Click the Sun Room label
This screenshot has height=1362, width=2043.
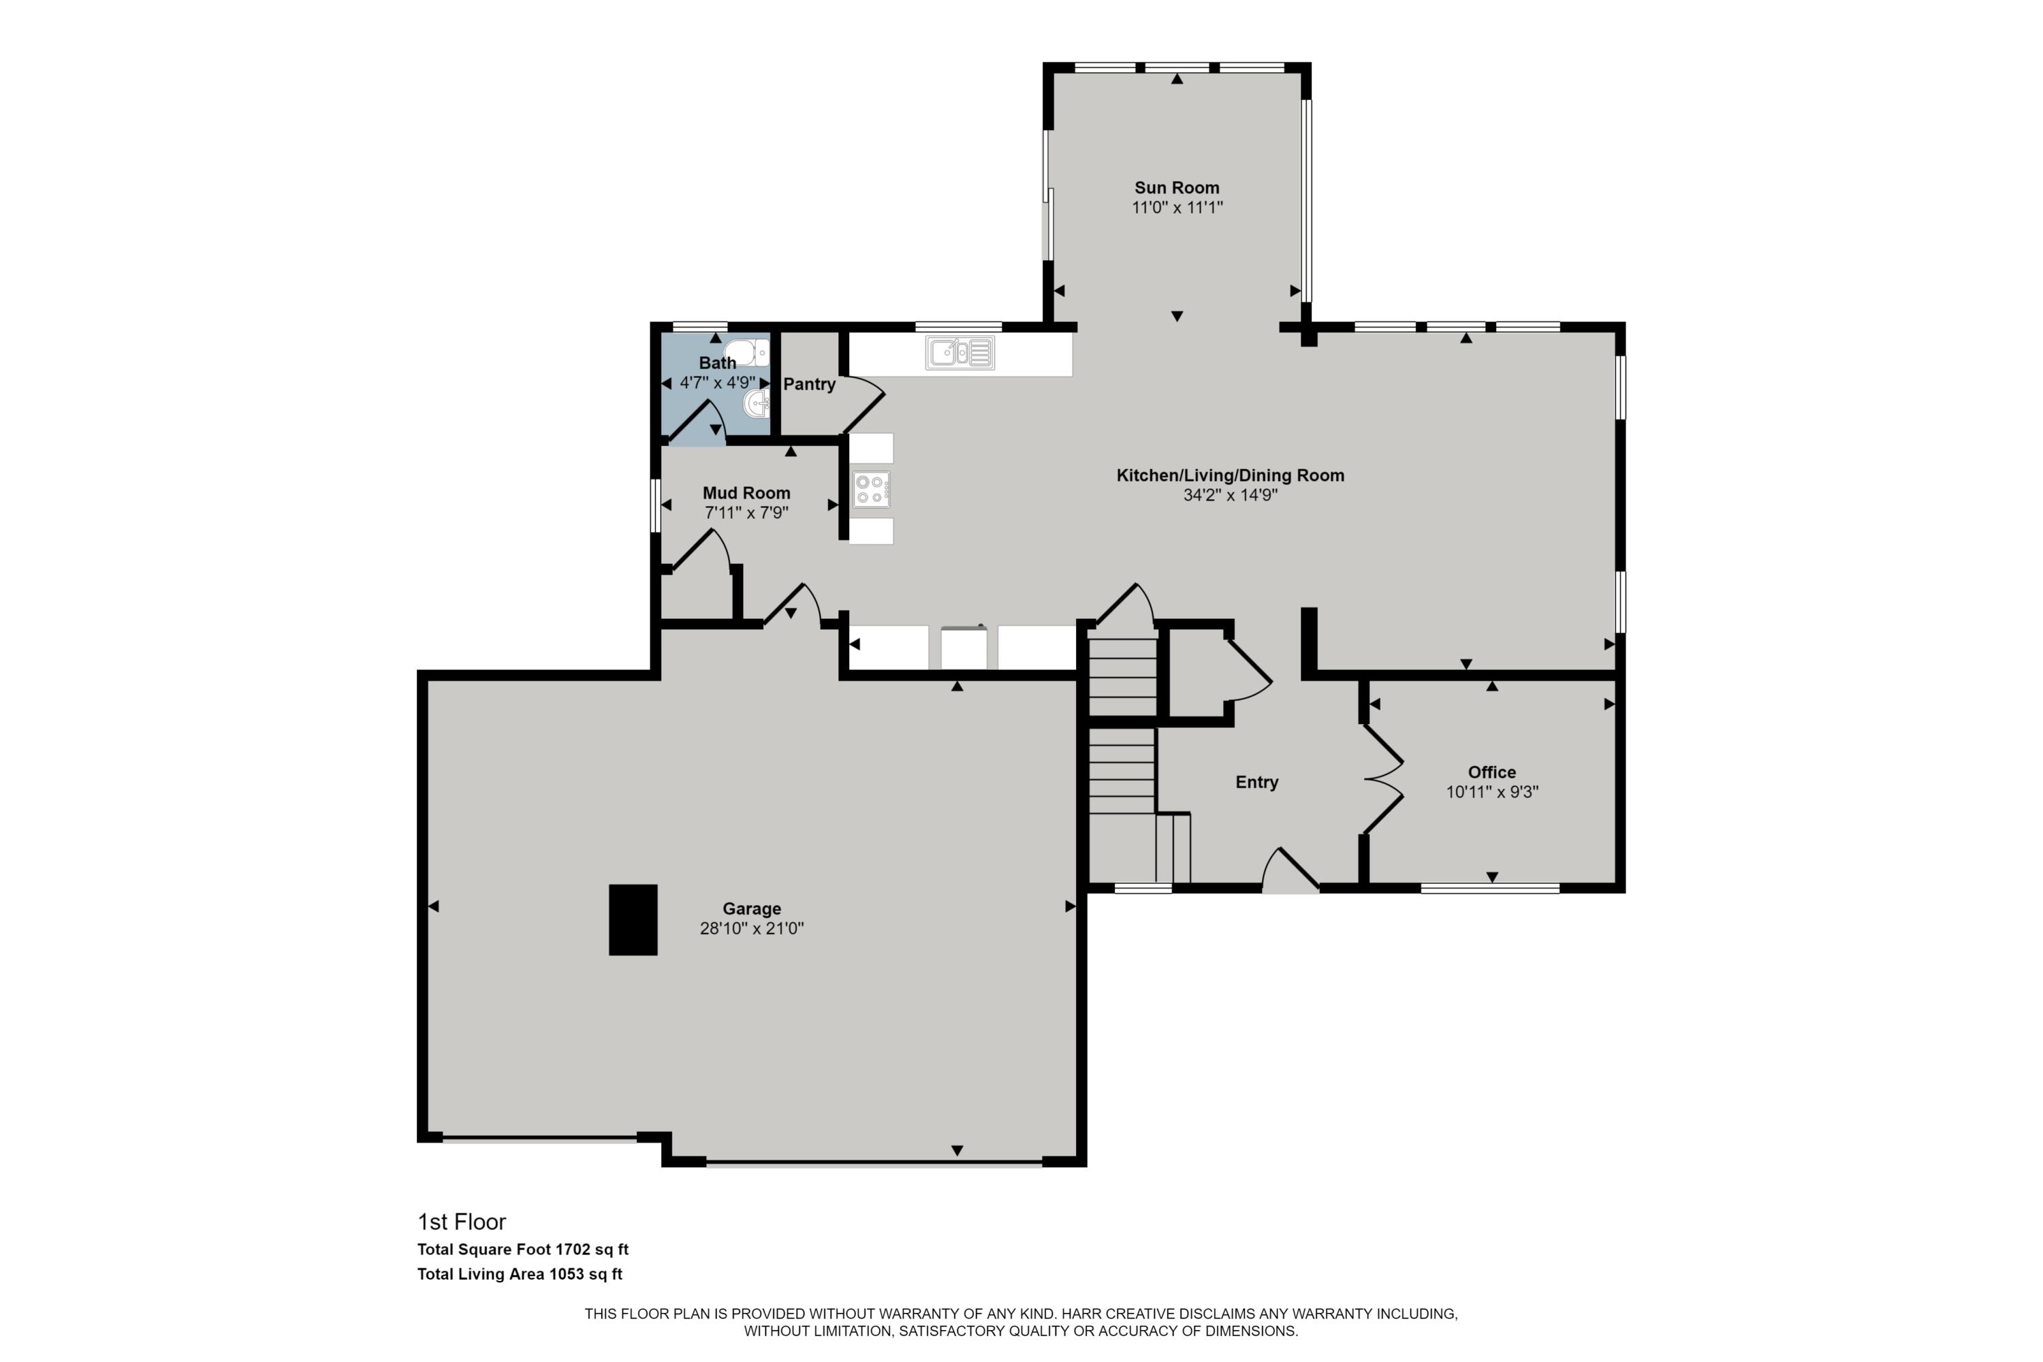(x=1176, y=188)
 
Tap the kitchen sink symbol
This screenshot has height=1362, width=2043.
(x=959, y=353)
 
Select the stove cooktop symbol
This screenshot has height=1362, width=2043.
(x=870, y=489)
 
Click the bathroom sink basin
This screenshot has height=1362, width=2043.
(x=757, y=403)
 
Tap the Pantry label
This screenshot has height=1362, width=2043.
(x=809, y=384)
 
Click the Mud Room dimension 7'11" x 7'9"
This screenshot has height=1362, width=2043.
(x=746, y=513)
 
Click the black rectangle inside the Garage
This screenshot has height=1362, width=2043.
(x=633, y=920)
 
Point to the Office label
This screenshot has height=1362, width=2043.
(x=1491, y=772)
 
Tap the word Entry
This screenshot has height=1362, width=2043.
(x=1256, y=782)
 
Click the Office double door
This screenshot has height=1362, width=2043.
(x=1383, y=779)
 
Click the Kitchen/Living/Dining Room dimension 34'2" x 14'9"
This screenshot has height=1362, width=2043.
(x=1230, y=495)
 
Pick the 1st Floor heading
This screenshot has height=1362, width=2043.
(x=461, y=1222)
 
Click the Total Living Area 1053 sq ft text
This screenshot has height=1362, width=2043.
(x=520, y=1274)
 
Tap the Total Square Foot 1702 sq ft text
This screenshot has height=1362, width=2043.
(x=522, y=1250)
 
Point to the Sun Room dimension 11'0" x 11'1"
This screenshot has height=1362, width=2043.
(x=1176, y=208)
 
